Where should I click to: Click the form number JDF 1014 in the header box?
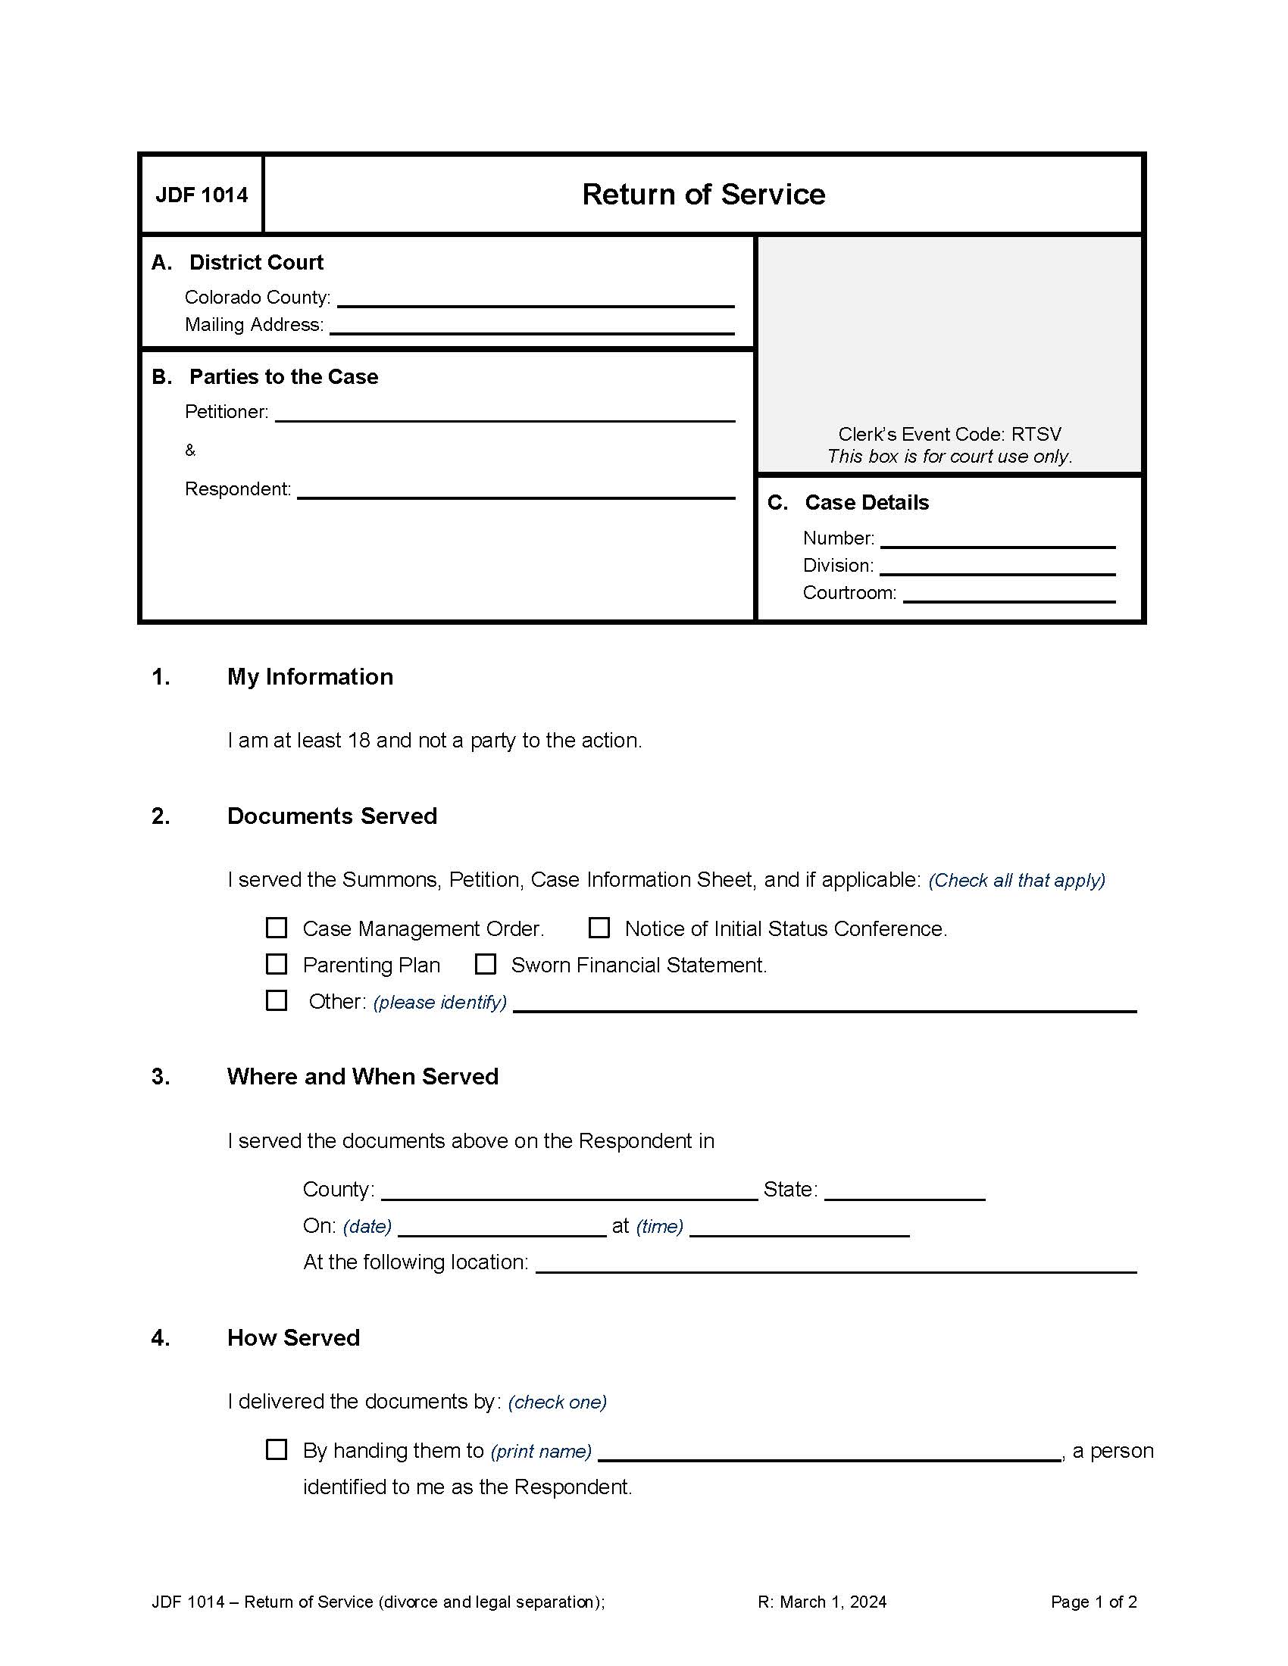click(202, 195)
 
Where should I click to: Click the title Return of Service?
click(703, 195)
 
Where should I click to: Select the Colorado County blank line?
click(535, 299)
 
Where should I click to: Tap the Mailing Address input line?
click(531, 326)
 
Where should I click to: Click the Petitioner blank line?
click(505, 413)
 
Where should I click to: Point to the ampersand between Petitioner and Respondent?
click(190, 451)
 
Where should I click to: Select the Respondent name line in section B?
click(515, 491)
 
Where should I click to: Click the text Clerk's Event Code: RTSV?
click(949, 434)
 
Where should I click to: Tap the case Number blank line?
click(997, 539)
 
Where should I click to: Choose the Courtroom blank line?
click(1008, 594)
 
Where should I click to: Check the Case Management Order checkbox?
click(277, 928)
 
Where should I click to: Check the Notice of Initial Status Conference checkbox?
click(599, 928)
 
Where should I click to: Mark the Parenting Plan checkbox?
click(277, 964)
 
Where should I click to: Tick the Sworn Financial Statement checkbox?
click(486, 964)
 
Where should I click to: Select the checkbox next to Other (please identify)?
click(277, 1000)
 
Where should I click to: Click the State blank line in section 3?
click(905, 1191)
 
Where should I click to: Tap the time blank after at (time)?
click(799, 1228)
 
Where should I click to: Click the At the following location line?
click(836, 1264)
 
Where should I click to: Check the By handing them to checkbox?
click(277, 1449)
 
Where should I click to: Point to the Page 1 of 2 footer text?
click(1093, 1602)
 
